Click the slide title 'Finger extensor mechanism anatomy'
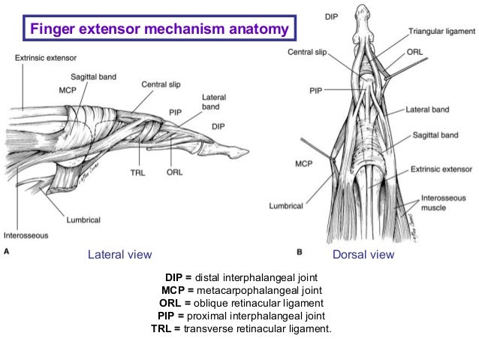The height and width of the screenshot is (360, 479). point(158,30)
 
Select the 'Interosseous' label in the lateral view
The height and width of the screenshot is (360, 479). point(26,235)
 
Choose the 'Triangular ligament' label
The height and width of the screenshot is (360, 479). point(441,32)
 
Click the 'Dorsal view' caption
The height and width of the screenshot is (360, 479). point(363,255)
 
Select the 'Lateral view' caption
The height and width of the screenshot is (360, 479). point(120,255)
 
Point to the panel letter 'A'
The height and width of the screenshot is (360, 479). point(8,253)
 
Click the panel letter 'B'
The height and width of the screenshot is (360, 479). point(300,253)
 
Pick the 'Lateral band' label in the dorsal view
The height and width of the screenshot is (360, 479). point(427,110)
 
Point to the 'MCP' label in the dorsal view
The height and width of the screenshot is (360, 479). point(303,163)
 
